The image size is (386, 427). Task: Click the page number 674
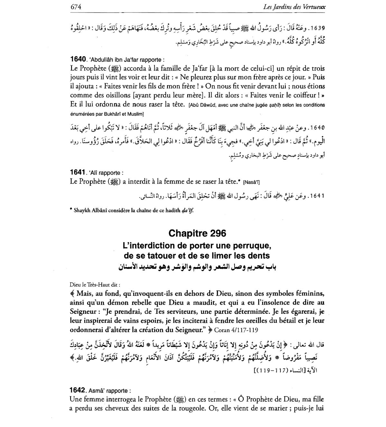pos(76,7)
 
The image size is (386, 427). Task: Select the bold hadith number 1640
pos(78,59)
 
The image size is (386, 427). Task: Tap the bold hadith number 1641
pos(77,172)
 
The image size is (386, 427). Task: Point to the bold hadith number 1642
pos(78,390)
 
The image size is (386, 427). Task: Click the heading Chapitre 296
pos(197,233)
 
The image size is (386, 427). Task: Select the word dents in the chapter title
pos(260,256)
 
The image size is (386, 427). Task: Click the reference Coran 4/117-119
pos(236,330)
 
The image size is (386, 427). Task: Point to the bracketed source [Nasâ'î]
pos(252,182)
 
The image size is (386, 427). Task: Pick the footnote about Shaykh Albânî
pos(132,211)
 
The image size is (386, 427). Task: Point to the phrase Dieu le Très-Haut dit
pos(95,285)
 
